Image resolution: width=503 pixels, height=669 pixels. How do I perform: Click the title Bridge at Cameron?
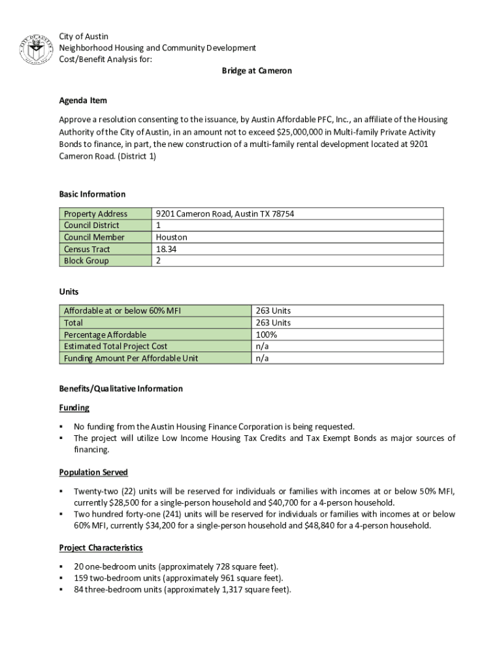pos(256,71)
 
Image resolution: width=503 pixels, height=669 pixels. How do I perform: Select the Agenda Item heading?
pos(83,101)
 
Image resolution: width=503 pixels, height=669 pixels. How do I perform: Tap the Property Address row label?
pos(95,214)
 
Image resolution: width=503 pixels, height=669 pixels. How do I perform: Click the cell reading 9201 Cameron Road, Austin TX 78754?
pos(225,214)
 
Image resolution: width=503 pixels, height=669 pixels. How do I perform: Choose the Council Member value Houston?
pos(171,237)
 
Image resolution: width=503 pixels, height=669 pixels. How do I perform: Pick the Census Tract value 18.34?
pos(166,249)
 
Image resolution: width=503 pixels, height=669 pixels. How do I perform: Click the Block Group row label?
pos(86,261)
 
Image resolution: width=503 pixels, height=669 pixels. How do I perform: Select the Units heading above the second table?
pos(69,292)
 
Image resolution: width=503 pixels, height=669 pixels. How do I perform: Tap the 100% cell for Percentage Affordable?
pos(267,334)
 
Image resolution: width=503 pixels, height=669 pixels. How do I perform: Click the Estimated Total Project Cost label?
pos(116,346)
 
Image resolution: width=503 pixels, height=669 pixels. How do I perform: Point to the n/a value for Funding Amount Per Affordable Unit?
pos(262,358)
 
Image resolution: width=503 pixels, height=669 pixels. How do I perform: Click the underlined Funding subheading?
pos(74,408)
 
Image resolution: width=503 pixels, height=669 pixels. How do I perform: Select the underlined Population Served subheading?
pos(93,472)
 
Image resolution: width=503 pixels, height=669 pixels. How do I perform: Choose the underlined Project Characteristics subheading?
pos(101,547)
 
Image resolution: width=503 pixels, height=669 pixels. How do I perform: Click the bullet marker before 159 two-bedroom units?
pos(61,578)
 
